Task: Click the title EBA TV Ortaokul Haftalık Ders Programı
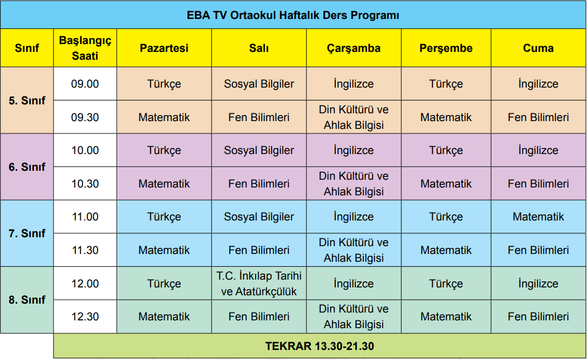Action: click(x=293, y=16)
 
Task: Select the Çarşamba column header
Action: click(x=354, y=48)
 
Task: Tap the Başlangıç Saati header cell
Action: click(x=85, y=48)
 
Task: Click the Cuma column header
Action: click(x=538, y=48)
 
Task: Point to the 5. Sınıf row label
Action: click(x=27, y=100)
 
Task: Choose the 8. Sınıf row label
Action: click(x=27, y=300)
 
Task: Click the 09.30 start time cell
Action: click(x=85, y=117)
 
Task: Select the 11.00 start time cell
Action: click(x=85, y=217)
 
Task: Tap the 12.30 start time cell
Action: click(x=85, y=316)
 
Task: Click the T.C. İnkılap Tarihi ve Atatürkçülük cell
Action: click(x=259, y=284)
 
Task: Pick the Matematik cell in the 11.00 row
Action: click(x=538, y=217)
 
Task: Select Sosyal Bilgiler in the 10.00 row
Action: click(x=259, y=150)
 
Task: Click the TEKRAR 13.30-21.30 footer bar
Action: click(x=320, y=345)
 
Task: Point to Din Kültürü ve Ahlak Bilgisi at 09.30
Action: click(x=354, y=117)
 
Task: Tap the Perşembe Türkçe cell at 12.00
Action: click(x=446, y=284)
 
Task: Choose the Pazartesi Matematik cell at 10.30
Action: click(x=164, y=184)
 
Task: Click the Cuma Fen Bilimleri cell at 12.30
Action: click(x=538, y=316)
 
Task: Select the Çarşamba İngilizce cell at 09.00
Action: click(x=354, y=84)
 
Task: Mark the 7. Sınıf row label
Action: click(x=27, y=233)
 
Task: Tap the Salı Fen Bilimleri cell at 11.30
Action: click(x=259, y=250)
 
